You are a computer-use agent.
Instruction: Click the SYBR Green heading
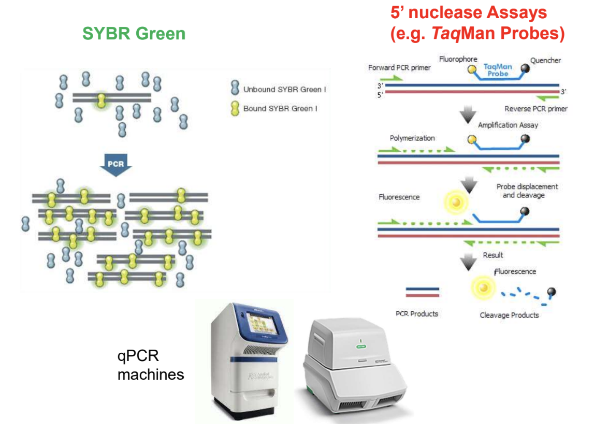coord(134,34)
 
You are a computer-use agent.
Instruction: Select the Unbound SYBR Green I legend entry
coord(284,90)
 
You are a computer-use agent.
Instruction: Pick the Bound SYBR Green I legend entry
coord(280,108)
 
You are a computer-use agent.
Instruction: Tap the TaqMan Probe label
coord(498,70)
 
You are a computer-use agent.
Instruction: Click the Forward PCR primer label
coord(399,68)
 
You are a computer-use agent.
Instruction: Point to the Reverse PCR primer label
coord(535,109)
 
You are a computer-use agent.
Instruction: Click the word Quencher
coord(545,61)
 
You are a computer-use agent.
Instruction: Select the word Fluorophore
coord(458,59)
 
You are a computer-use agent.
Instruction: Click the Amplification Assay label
coord(508,125)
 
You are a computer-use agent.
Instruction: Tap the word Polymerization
coord(412,138)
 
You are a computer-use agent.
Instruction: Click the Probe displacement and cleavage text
coord(527,191)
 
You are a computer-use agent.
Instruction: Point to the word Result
coord(493,255)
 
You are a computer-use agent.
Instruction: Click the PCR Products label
coord(417,313)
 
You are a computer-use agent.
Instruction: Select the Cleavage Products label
coord(509,315)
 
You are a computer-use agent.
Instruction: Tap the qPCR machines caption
coord(150,365)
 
